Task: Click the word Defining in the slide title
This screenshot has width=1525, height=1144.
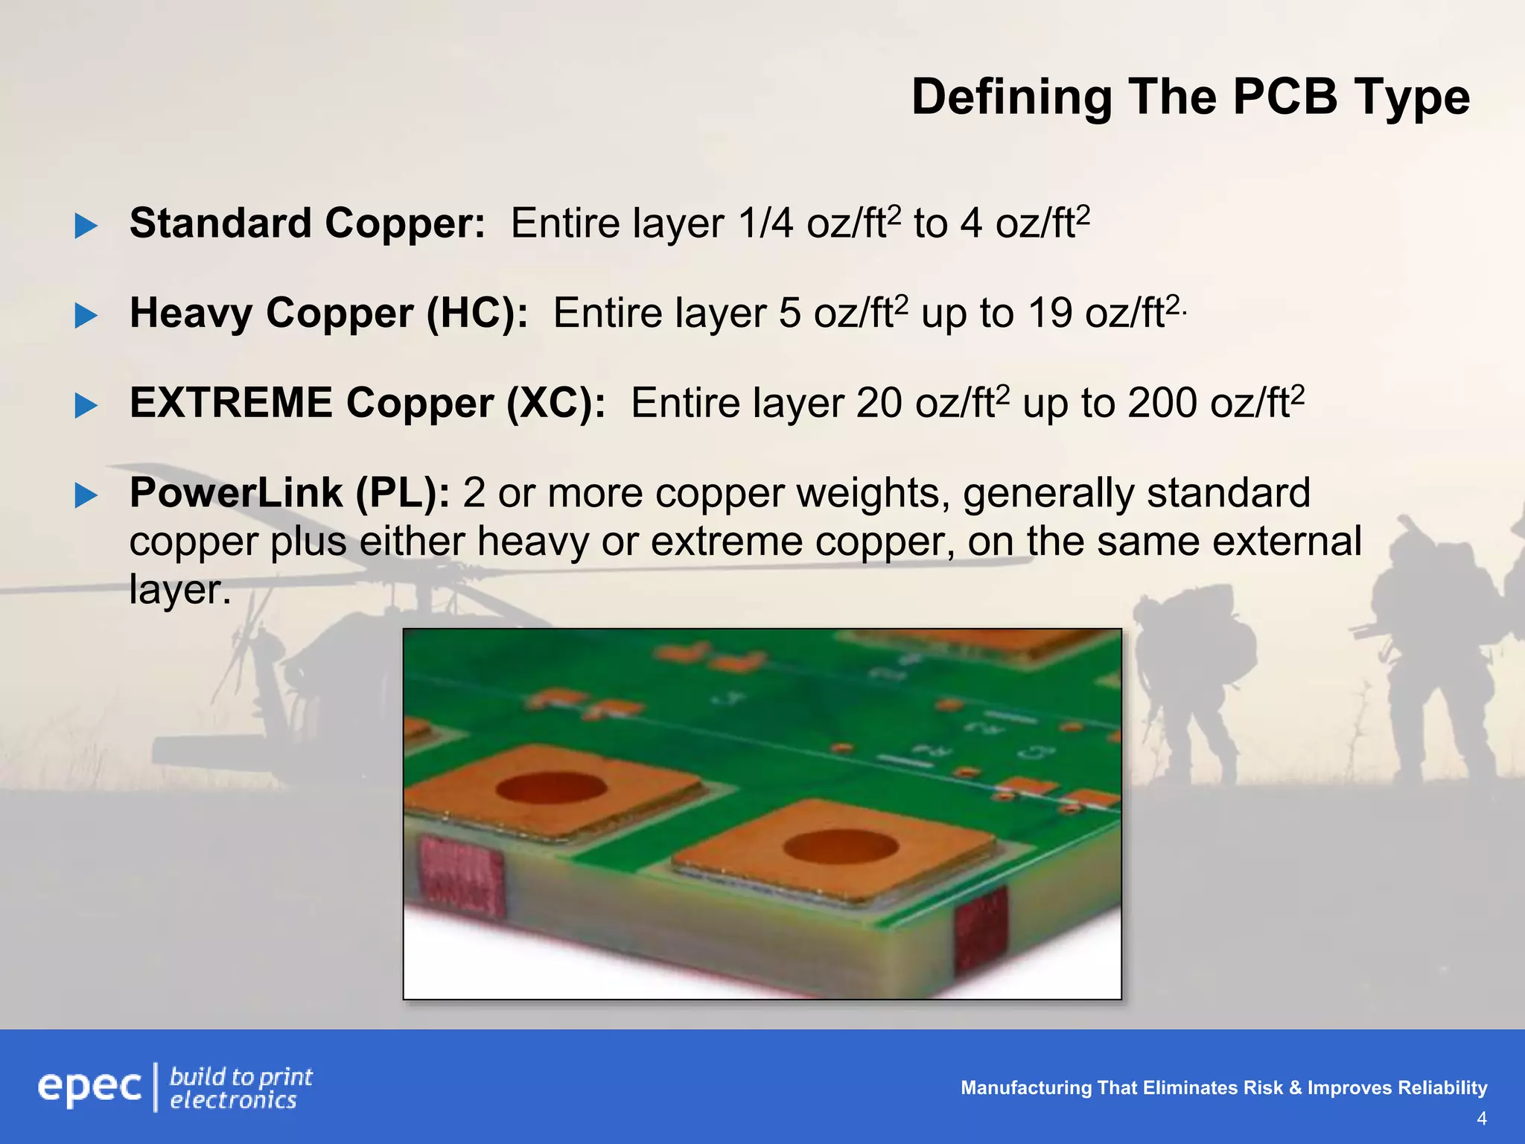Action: [1010, 98]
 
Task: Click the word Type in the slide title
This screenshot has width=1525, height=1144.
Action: [1411, 98]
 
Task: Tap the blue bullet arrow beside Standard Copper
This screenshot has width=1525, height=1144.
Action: [86, 226]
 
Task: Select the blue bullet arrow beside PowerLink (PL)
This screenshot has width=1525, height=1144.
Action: [86, 495]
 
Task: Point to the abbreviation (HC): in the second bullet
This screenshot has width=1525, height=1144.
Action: [477, 313]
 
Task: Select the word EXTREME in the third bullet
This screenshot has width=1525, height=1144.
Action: [231, 403]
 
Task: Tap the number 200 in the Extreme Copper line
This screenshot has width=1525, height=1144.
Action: [1163, 403]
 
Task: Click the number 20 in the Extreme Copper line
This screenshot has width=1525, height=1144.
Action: [879, 403]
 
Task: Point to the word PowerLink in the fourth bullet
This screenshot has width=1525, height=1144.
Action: [235, 493]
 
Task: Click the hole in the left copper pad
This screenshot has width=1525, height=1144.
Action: [552, 788]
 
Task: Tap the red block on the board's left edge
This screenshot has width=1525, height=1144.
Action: [461, 876]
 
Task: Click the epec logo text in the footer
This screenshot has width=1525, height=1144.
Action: [89, 1087]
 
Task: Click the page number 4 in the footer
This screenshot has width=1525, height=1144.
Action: [1481, 1119]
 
